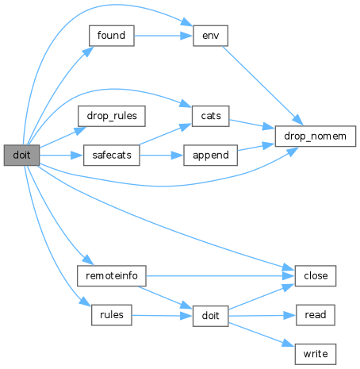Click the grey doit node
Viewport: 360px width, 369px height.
pos(21,155)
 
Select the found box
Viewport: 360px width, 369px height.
pos(112,36)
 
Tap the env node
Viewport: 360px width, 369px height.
pos(210,36)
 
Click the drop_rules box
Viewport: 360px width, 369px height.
pos(112,116)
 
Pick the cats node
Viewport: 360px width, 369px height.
pos(210,116)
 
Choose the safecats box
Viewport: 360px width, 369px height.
pos(112,156)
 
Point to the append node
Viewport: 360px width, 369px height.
pos(210,156)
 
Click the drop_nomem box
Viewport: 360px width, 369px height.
pos(316,136)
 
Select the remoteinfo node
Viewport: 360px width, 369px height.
pos(112,276)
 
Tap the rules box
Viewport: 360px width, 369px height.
pos(112,315)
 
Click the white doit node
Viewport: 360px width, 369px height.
pos(210,316)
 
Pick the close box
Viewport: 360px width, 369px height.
pos(316,276)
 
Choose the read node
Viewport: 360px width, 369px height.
pos(316,315)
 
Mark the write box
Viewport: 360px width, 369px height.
pos(316,354)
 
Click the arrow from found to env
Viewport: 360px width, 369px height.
pos(163,36)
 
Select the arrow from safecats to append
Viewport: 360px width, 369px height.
pos(162,156)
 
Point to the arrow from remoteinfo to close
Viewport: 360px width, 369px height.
pos(220,276)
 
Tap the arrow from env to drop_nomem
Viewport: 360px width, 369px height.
pos(262,86)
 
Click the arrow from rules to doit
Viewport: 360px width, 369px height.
pos(163,316)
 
